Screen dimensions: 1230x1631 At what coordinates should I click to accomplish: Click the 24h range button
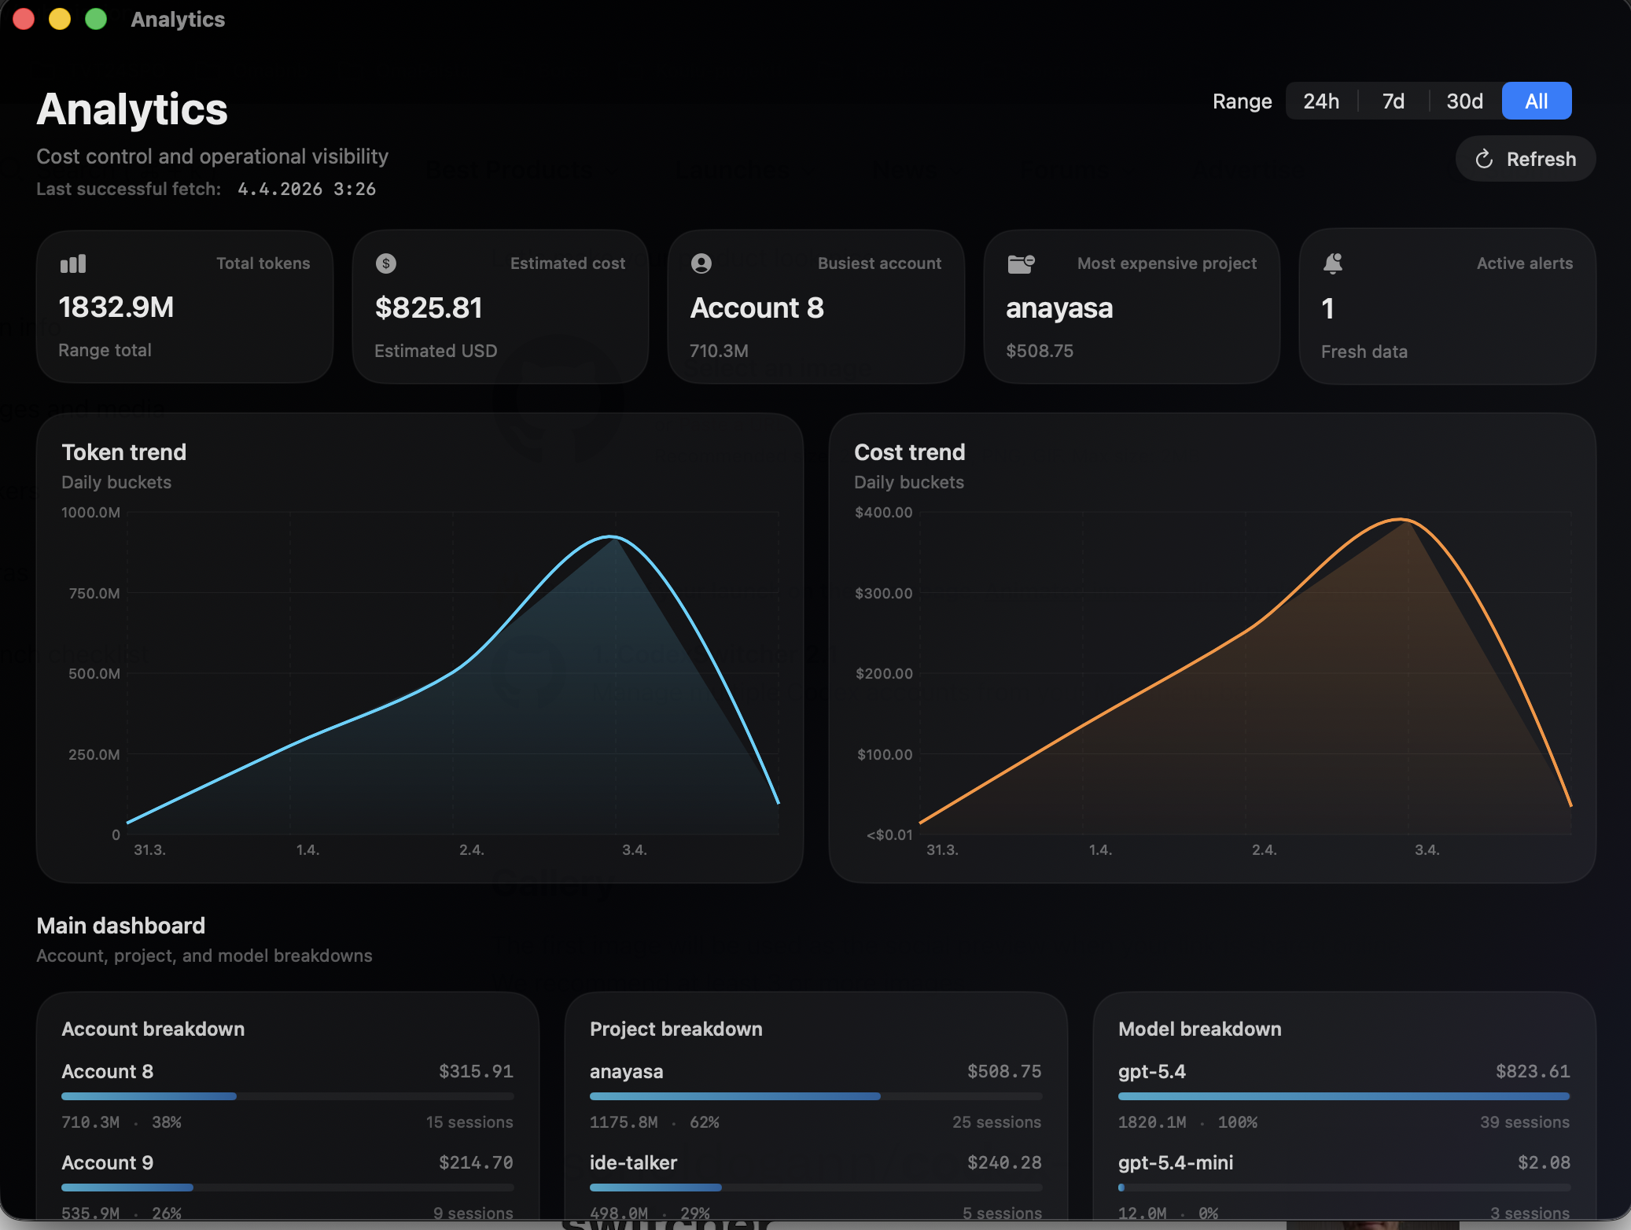pyautogui.click(x=1321, y=101)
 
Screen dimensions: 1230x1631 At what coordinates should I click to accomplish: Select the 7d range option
pyautogui.click(x=1393, y=101)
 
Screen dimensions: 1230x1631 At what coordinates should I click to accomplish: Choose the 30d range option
pyautogui.click(x=1464, y=101)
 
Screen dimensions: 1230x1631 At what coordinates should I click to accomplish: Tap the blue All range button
pyautogui.click(x=1536, y=101)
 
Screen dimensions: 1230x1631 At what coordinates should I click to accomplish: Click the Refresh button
pyautogui.click(x=1526, y=159)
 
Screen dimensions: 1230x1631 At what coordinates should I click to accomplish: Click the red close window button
pyautogui.click(x=24, y=19)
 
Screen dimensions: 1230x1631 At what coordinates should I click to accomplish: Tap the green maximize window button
pyautogui.click(x=96, y=19)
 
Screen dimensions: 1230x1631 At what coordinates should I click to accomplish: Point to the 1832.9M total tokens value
pyautogui.click(x=116, y=307)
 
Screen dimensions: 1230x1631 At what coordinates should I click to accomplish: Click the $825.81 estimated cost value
pyautogui.click(x=429, y=308)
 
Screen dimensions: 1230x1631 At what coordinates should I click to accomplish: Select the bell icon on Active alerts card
pyautogui.click(x=1332, y=263)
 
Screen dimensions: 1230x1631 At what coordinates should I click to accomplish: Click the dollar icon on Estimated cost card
pyautogui.click(x=386, y=263)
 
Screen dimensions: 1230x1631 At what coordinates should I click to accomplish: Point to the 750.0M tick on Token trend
pyautogui.click(x=94, y=594)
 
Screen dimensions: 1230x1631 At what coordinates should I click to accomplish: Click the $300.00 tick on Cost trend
pyautogui.click(x=884, y=594)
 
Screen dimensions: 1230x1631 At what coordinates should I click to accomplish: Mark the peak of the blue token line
pyautogui.click(x=611, y=537)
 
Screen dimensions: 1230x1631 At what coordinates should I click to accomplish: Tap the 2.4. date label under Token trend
pyautogui.click(x=471, y=850)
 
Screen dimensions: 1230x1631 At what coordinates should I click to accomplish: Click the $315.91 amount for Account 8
pyautogui.click(x=476, y=1071)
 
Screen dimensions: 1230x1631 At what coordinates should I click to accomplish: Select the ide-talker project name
pyautogui.click(x=633, y=1162)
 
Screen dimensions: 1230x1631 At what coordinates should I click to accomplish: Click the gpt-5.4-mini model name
pyautogui.click(x=1176, y=1162)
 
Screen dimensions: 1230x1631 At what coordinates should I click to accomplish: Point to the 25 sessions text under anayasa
pyautogui.click(x=996, y=1122)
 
